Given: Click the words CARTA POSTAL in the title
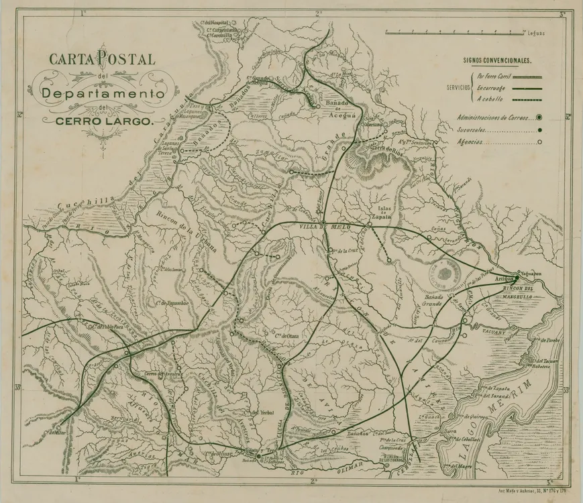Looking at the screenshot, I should click(x=102, y=59).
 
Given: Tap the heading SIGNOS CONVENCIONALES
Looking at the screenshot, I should click(x=497, y=60).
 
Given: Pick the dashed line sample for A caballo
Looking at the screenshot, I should click(x=527, y=99).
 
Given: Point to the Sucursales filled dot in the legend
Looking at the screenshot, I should click(x=539, y=130).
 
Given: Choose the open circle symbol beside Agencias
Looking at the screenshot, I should click(x=539, y=142).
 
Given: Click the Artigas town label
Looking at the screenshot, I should click(x=505, y=278).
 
